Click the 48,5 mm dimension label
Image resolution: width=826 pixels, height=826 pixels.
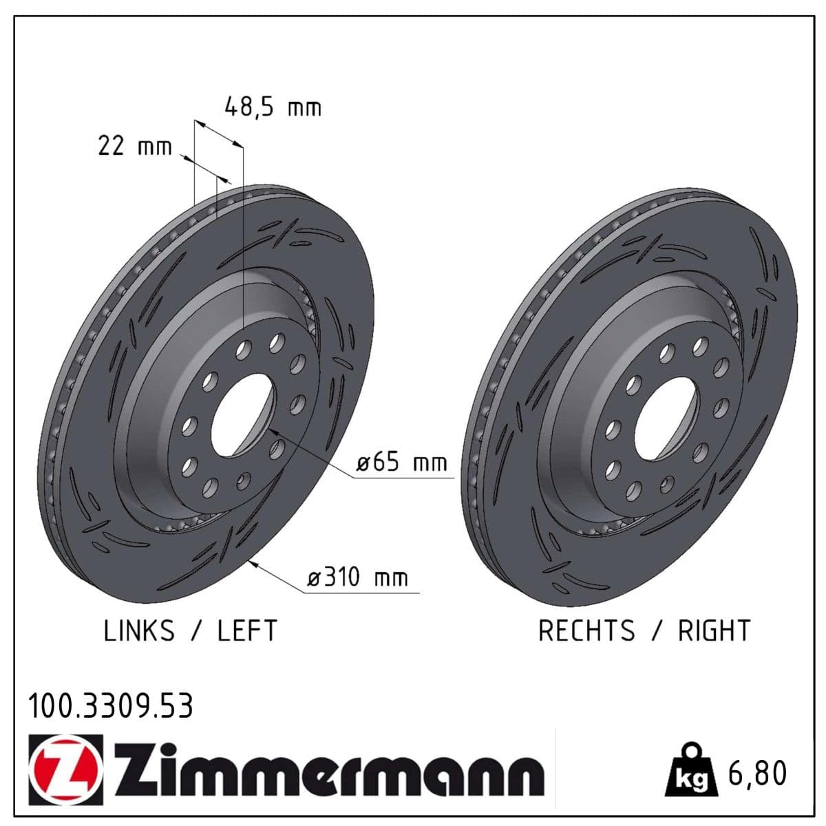[x=273, y=107]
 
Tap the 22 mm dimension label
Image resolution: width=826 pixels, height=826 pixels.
[x=135, y=146]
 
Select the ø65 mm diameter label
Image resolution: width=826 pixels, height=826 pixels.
[x=402, y=463]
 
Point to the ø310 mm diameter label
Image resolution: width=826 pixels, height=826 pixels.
[x=357, y=577]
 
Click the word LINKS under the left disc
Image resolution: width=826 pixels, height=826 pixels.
[x=139, y=631]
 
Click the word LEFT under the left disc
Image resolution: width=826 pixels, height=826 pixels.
[x=247, y=631]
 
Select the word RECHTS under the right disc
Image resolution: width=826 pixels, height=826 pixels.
[x=586, y=631]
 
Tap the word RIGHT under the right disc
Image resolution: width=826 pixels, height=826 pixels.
[x=714, y=631]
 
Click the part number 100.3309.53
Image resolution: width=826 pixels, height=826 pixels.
[x=111, y=706]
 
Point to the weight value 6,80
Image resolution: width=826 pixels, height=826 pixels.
[x=757, y=772]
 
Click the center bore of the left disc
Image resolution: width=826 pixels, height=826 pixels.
[x=242, y=415]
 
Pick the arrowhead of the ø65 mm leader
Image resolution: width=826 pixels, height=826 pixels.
[x=274, y=430]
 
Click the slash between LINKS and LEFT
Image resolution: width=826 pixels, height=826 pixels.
[x=196, y=631]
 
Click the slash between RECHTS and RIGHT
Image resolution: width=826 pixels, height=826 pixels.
[x=656, y=631]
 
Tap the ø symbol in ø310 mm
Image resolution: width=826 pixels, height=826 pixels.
[x=313, y=578]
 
